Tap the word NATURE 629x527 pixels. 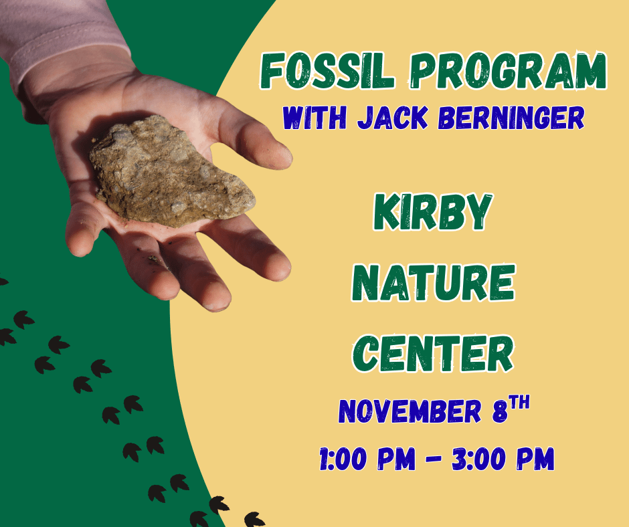click(433, 284)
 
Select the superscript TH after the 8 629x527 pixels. click(521, 403)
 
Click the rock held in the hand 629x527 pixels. click(171, 171)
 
